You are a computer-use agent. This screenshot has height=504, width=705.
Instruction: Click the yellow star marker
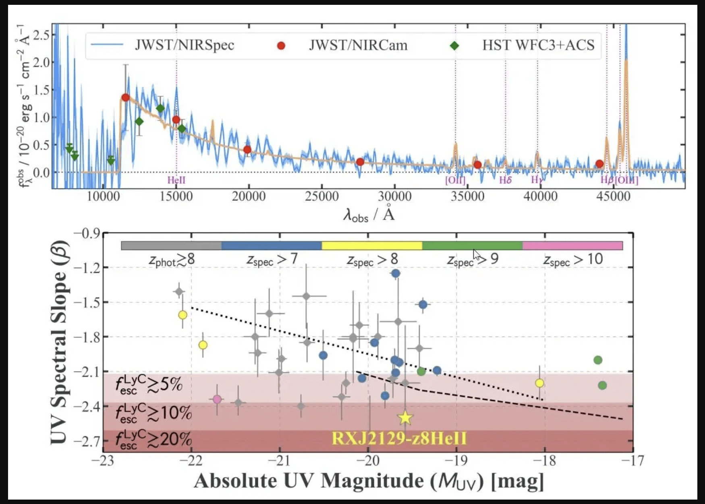click(x=405, y=418)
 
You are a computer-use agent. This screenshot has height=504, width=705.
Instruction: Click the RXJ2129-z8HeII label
click(x=399, y=438)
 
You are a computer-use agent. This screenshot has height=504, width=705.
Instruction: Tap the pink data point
click(x=217, y=399)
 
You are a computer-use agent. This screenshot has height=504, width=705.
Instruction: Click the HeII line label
click(x=176, y=180)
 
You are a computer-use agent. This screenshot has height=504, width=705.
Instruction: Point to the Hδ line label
click(x=505, y=180)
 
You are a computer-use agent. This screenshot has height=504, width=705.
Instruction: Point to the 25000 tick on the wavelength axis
click(x=321, y=196)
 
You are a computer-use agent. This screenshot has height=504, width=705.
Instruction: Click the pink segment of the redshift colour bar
click(x=572, y=246)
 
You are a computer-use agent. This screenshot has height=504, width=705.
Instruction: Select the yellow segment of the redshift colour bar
click(x=372, y=246)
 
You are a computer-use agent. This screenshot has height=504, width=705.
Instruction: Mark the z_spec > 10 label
click(x=573, y=260)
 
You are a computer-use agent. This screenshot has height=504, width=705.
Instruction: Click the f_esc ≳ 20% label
click(x=153, y=439)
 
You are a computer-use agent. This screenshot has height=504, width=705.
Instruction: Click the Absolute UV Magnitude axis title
click(x=369, y=481)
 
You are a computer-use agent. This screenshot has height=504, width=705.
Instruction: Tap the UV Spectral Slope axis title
click(x=59, y=342)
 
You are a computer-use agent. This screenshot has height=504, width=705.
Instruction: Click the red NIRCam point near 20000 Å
click(x=247, y=150)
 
